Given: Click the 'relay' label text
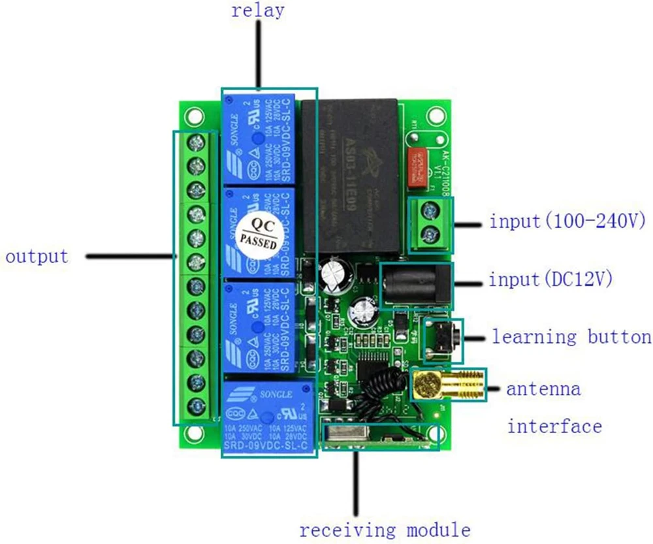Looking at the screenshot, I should (x=257, y=12).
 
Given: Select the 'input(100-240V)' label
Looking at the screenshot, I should (x=567, y=221).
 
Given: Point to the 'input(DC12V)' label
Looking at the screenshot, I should (x=550, y=280).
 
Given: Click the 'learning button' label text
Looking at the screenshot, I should (x=571, y=337).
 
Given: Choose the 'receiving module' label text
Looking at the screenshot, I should (x=385, y=529).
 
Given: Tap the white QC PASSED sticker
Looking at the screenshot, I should (x=260, y=233).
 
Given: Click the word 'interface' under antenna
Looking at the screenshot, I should (x=554, y=427).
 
